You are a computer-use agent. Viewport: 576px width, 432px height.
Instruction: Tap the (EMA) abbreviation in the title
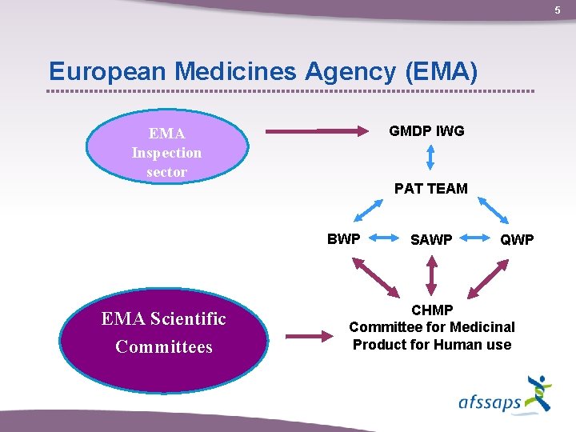tap(442, 71)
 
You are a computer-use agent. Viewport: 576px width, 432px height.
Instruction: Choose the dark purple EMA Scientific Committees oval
tap(164, 333)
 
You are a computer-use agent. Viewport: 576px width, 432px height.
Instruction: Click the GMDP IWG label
tap(426, 130)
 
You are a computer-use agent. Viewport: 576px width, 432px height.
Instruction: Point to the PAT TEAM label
tap(430, 189)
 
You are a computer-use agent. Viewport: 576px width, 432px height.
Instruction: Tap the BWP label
tap(344, 238)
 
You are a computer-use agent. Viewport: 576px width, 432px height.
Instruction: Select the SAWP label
tap(431, 239)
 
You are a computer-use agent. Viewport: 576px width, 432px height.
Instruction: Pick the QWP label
tap(517, 239)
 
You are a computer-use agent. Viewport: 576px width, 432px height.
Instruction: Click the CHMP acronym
tap(432, 310)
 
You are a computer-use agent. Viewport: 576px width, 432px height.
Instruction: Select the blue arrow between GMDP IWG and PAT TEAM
tap(430, 158)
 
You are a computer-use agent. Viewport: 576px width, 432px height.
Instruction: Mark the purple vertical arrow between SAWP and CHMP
tap(431, 276)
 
